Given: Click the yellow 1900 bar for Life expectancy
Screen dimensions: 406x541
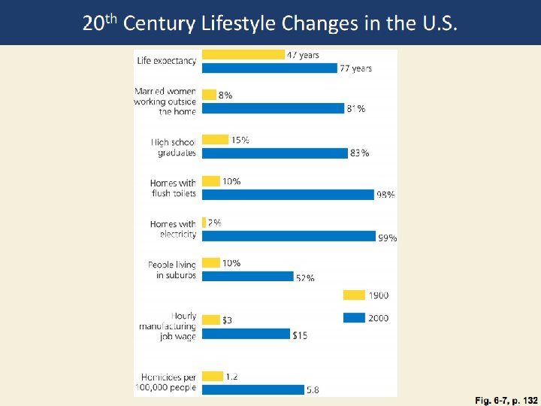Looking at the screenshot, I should (x=243, y=55).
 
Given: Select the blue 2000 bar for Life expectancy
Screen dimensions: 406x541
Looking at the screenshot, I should (x=270, y=68).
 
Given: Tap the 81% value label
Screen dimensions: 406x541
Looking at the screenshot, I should (x=356, y=109).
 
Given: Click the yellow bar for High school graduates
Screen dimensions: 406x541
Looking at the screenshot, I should (x=216, y=139).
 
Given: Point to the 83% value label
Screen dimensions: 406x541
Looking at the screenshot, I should (x=359, y=153).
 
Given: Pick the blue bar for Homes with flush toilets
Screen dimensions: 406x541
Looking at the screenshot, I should (x=288, y=194).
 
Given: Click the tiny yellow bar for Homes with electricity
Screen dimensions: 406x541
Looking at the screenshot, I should (x=204, y=223).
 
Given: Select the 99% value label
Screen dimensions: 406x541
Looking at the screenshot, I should (x=388, y=238).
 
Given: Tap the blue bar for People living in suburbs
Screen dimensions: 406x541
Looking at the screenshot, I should (x=248, y=276).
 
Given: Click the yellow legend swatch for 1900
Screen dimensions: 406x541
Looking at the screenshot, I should (x=354, y=295).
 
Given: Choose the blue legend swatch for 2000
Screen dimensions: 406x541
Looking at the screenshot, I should (x=354, y=317).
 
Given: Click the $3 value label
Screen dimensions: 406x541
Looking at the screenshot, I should (x=228, y=320).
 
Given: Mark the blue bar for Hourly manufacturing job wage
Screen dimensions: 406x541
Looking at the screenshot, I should (x=246, y=334).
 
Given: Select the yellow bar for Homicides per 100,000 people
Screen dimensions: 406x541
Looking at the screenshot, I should (x=213, y=375).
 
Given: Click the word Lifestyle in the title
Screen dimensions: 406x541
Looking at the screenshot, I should (x=240, y=24).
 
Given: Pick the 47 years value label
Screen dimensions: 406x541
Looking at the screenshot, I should (x=304, y=55).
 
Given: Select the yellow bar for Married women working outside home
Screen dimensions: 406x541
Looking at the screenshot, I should (x=209, y=95).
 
